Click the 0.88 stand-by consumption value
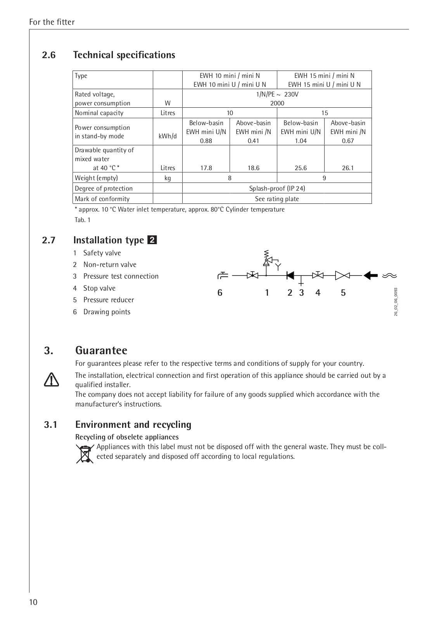tap(206, 141)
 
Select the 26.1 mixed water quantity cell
tap(348, 168)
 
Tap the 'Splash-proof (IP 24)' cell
tap(277, 188)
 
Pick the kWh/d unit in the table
tap(168, 136)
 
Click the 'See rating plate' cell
tap(277, 199)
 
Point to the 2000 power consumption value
tap(277, 103)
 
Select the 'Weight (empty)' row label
tap(96, 178)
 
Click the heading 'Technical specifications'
tap(124, 55)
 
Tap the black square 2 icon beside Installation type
tap(152, 240)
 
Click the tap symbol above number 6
tap(223, 275)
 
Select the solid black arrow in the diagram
tap(371, 275)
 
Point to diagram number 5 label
tap(343, 293)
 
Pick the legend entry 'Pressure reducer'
tap(109, 300)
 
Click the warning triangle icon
tap(52, 379)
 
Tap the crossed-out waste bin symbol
tap(85, 454)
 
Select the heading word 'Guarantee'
tap(101, 350)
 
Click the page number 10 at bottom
tap(33, 602)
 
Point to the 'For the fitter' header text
tap(52, 22)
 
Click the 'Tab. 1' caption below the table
tap(82, 220)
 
